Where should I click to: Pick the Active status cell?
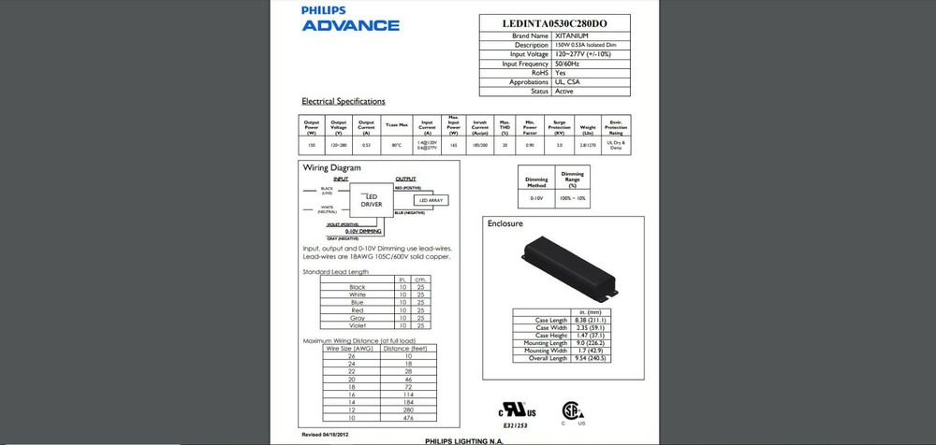[x=565, y=92]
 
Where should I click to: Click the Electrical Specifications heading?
[x=343, y=101]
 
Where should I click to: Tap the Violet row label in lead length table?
[x=357, y=324]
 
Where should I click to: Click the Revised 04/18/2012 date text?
[x=325, y=436]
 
